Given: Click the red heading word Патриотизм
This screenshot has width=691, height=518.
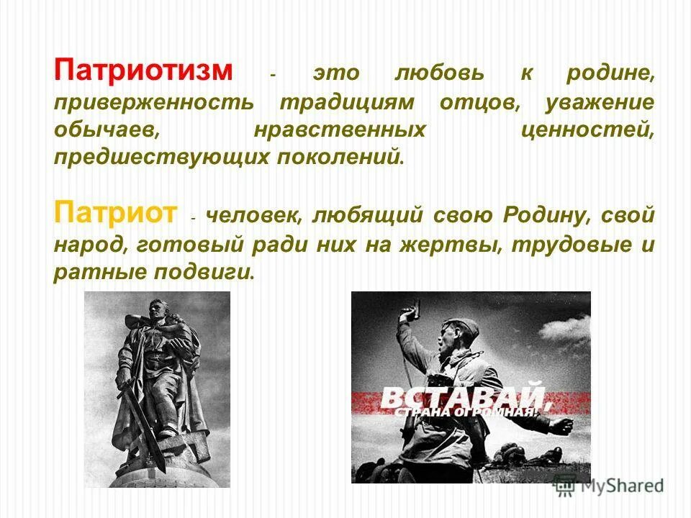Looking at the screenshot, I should pyautogui.click(x=143, y=72).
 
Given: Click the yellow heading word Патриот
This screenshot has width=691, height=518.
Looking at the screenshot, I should pyautogui.click(x=115, y=213).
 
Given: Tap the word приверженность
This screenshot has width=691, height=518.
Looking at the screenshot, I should pyautogui.click(x=153, y=101).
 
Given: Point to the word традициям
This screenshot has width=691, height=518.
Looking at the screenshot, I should pyautogui.click(x=347, y=101).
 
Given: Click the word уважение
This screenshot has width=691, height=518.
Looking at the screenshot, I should pyautogui.click(x=600, y=101).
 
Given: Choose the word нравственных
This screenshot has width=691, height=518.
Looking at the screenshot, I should pyautogui.click(x=338, y=129).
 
